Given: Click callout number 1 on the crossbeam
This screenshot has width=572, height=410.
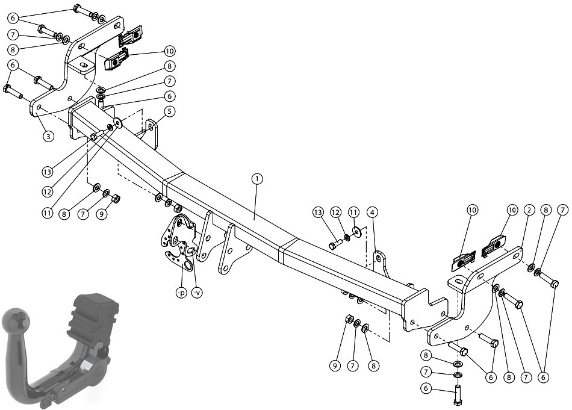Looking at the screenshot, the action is (257, 179).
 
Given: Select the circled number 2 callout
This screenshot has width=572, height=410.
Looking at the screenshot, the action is (529, 210).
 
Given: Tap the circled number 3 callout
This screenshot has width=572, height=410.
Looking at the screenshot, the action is (48, 136).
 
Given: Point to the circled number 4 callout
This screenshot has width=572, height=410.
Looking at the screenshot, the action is (373, 212).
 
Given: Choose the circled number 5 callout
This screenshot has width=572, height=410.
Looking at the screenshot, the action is (169, 111).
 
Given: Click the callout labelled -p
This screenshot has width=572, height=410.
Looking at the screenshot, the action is (181, 293).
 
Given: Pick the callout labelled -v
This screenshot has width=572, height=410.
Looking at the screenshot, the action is (197, 293).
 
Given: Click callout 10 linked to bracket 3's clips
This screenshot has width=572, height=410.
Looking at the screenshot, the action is (169, 51).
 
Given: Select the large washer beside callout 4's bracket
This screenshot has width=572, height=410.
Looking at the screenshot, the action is (356, 231).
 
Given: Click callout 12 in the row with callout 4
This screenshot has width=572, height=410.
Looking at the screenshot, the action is (335, 212).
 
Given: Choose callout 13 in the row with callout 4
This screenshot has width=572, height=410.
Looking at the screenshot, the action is (318, 212).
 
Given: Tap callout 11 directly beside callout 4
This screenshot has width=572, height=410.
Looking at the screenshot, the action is (353, 212).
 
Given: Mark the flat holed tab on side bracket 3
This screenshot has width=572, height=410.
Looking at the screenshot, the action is (82, 66).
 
